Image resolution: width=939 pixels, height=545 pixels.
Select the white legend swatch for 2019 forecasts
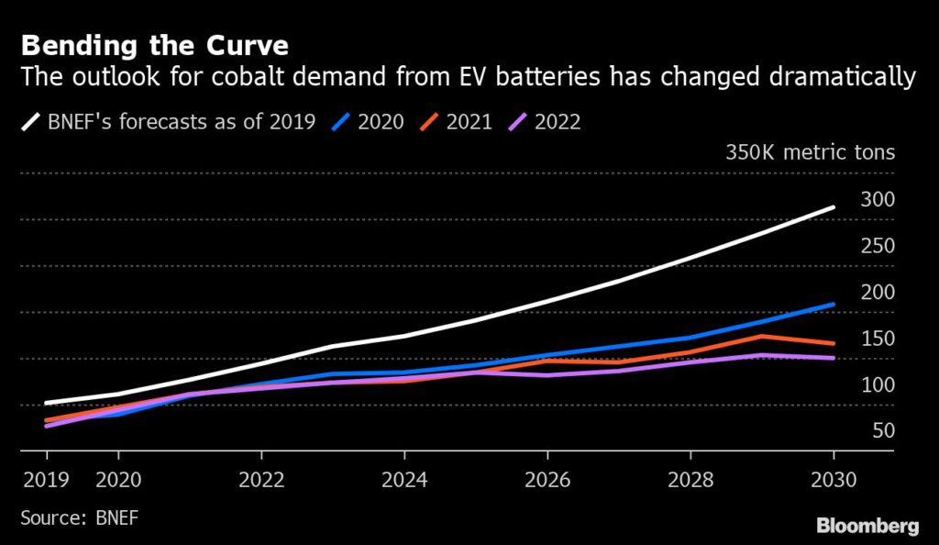pos(31,121)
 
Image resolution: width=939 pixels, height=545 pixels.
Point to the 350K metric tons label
pos(809,152)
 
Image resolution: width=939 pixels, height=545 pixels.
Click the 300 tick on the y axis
pos(878,199)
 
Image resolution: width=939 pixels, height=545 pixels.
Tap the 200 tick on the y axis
pos(878,293)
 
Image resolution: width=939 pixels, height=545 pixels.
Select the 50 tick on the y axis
pos(882,431)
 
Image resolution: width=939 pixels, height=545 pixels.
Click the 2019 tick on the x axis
pos(46,479)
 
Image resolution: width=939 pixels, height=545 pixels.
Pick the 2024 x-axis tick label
pos(404,479)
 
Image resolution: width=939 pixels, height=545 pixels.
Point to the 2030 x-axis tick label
pos(833,479)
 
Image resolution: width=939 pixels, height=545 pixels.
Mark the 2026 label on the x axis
pos(547,479)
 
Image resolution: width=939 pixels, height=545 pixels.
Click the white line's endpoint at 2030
pos(834,207)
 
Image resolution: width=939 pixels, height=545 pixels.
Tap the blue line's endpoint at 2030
pos(834,304)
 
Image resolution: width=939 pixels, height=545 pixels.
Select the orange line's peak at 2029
pos(762,336)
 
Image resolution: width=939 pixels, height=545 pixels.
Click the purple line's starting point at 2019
pos(47,426)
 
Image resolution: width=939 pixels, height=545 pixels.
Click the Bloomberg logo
pos(867,526)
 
